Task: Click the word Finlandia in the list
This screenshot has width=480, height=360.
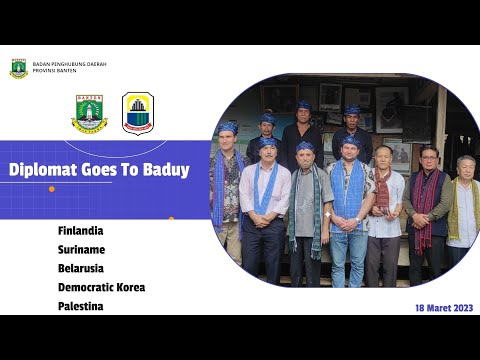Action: tap(80, 230)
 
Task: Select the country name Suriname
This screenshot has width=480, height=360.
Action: tap(81, 249)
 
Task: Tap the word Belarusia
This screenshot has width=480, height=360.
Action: tap(81, 268)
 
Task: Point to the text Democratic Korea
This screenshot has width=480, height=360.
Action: tap(101, 287)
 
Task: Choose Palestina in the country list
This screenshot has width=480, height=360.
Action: tap(80, 306)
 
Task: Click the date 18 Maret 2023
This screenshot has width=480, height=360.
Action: tap(443, 308)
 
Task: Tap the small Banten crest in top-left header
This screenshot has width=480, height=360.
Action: tap(18, 68)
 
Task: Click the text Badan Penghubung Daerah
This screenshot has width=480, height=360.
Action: tap(69, 64)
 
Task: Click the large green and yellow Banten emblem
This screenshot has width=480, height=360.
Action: tap(89, 113)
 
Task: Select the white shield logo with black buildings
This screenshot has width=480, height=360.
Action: tap(138, 113)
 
